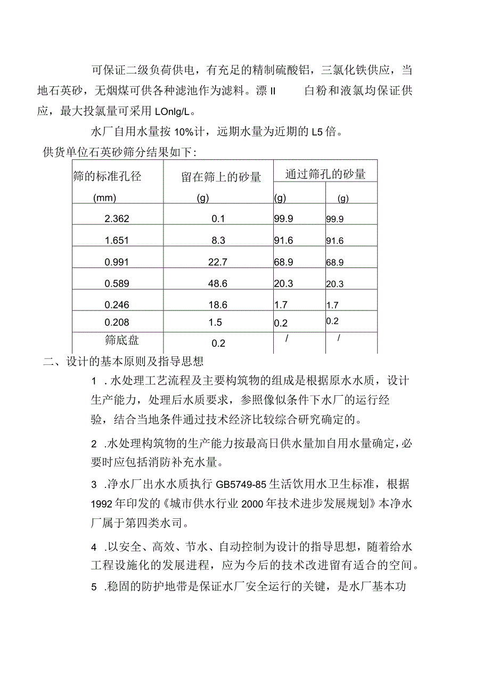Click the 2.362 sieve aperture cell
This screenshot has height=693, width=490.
[x=117, y=219]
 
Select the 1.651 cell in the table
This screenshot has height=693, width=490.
[x=117, y=241]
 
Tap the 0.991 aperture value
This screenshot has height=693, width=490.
[x=117, y=262]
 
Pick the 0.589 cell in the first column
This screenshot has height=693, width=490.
[x=117, y=284]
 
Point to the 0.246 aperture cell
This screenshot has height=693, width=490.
[x=117, y=305]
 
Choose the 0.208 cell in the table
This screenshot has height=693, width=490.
[x=117, y=322]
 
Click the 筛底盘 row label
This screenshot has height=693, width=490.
[x=122, y=340]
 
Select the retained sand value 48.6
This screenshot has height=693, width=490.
[x=218, y=284]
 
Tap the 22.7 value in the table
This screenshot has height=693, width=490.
[x=218, y=262]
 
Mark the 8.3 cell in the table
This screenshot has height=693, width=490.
[x=218, y=241]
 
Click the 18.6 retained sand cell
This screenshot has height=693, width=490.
[x=218, y=305]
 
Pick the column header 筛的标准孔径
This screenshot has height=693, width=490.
[x=108, y=176]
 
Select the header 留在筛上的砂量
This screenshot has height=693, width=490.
[x=221, y=177]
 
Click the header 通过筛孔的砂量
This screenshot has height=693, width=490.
[x=325, y=174]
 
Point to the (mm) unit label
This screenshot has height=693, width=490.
[x=104, y=198]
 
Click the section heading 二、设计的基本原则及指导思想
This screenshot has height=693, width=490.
[x=124, y=362]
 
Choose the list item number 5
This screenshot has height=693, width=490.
[x=94, y=587]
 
